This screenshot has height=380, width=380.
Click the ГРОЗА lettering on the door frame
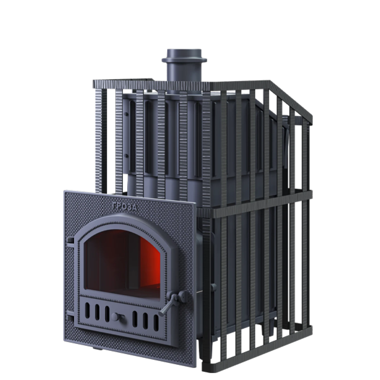click(x=125, y=206)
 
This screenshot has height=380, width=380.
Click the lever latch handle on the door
click(x=170, y=306)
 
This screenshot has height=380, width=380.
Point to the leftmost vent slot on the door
click(x=87, y=310)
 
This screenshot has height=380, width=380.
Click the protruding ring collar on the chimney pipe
click(x=184, y=59)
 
